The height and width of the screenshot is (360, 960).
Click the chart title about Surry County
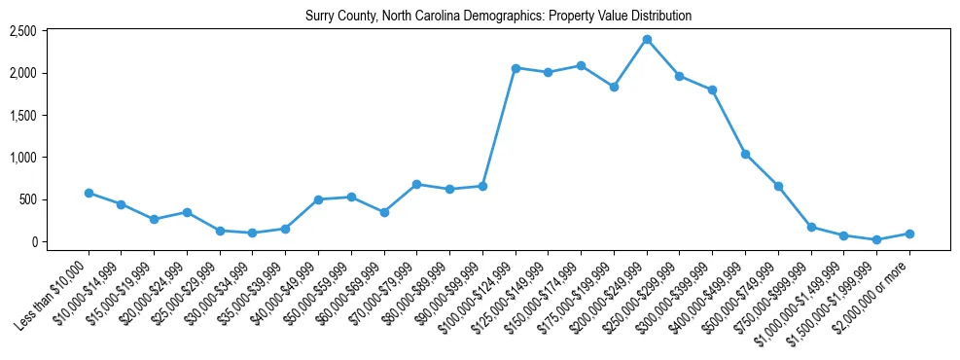[x=498, y=17]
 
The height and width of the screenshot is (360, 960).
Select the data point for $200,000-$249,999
[x=647, y=40]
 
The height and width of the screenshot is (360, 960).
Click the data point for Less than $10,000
[x=89, y=193]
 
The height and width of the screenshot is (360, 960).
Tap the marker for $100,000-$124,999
[x=516, y=68]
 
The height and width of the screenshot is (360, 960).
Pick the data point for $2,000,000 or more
[x=909, y=234]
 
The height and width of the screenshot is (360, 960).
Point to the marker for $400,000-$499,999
[x=745, y=154]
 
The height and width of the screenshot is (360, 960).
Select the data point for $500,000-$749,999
[x=778, y=186]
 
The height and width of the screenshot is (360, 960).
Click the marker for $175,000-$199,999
[x=614, y=87]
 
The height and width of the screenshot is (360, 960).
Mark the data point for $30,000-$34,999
[x=253, y=233]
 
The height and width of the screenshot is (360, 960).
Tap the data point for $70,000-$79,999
[x=416, y=184]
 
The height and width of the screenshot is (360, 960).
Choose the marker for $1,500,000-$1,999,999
[x=876, y=239]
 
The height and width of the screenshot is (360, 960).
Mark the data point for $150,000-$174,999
[x=581, y=65]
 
